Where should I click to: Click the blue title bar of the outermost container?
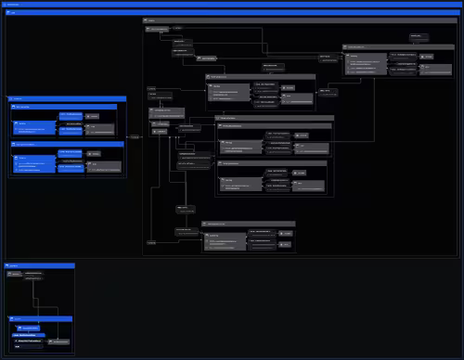coord(232,5)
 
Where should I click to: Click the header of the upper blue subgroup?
coord(65,108)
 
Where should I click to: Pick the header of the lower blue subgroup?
coord(65,145)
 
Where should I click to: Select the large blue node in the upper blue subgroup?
coord(36,121)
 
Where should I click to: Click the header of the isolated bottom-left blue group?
coord(38,265)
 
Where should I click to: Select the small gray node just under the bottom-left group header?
coord(34,276)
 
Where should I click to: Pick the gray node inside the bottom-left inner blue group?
coord(61,343)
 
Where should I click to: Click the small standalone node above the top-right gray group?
coord(420,36)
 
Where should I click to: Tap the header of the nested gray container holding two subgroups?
coord(274,118)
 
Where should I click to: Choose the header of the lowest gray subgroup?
coord(247,224)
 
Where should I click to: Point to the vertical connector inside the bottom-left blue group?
coord(34,297)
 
